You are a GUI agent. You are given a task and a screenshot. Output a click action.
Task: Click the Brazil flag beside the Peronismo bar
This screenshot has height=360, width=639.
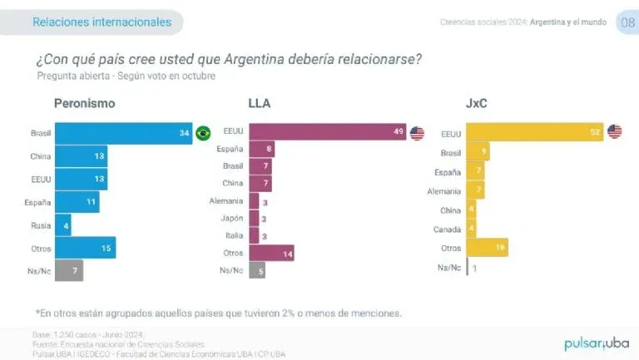(202, 133)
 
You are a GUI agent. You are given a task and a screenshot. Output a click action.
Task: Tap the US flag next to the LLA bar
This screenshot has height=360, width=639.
(417, 133)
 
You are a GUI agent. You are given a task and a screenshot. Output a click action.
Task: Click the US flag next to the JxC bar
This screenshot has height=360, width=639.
(614, 132)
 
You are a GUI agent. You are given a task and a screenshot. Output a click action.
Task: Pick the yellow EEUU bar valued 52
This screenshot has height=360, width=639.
(534, 132)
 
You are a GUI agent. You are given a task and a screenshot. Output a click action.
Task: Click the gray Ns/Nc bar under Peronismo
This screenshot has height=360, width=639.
(69, 270)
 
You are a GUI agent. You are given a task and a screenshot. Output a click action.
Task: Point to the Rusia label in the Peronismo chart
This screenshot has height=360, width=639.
(39, 224)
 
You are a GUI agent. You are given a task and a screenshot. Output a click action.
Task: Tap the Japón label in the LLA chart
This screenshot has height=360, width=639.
(232, 218)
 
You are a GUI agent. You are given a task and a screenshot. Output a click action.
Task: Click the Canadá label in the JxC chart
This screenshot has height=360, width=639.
(448, 229)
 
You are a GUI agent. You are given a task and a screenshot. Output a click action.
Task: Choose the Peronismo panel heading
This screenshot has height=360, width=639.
(84, 103)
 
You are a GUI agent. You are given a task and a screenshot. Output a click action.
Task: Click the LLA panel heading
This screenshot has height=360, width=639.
(260, 103)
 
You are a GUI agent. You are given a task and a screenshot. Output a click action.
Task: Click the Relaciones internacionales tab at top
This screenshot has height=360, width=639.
(102, 22)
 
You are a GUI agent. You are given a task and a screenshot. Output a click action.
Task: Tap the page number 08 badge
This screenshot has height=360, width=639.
(626, 22)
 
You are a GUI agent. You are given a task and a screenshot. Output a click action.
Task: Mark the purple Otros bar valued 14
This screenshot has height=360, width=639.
(271, 253)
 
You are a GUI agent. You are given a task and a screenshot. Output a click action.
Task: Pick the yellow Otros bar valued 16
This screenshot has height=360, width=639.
(487, 248)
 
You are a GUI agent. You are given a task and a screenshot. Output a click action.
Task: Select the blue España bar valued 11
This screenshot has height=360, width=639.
(77, 201)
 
